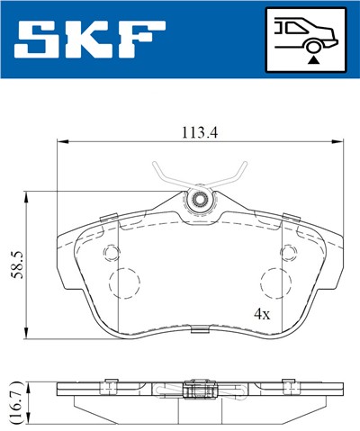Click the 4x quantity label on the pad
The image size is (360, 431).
pyautogui.click(x=262, y=315)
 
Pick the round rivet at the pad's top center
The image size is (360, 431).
pyautogui.click(x=199, y=200)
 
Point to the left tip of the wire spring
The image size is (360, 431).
pyautogui.click(x=155, y=162)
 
